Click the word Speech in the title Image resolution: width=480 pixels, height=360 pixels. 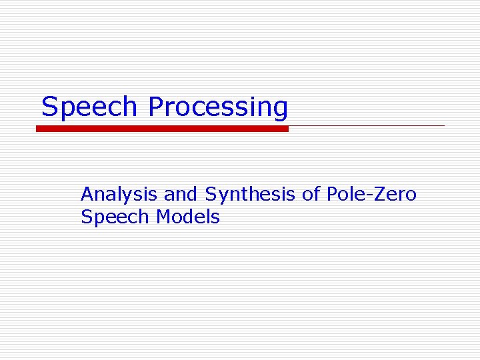tap(91, 107)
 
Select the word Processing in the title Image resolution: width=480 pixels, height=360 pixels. tap(218, 107)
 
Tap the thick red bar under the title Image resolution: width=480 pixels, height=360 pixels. tap(162, 129)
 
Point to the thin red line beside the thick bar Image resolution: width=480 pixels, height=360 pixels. tap(367, 125)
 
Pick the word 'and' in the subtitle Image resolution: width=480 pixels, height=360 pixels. tap(181, 195)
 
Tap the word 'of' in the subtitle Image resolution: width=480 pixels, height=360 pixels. tap(311, 195)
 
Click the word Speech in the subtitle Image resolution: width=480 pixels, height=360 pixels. tap(115, 217)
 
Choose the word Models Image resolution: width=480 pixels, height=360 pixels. tap(188, 217)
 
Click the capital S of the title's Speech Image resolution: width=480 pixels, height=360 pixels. tap(49, 107)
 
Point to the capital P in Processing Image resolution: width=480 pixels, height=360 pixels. tap(155, 107)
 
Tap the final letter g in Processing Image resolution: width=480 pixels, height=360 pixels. tap(280, 109)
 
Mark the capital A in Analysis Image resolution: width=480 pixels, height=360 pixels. tap(86, 195)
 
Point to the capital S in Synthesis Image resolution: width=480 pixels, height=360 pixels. tap(210, 195)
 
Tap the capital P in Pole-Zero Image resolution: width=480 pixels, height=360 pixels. tap(331, 195)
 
